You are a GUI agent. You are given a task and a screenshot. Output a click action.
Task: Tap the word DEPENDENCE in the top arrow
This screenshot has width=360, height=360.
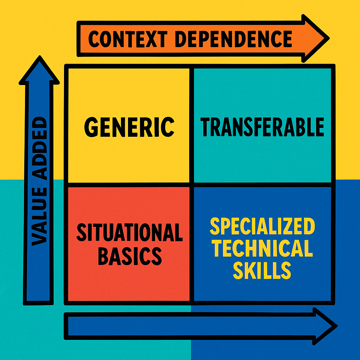pyautogui.click(x=233, y=39)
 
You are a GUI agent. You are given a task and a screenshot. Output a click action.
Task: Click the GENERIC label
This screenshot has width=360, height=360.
pyautogui.click(x=129, y=127)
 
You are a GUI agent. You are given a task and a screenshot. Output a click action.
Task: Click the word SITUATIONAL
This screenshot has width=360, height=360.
pyautogui.click(x=129, y=232)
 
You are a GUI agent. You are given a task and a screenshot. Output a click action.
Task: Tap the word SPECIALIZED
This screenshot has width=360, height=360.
pyautogui.click(x=262, y=227)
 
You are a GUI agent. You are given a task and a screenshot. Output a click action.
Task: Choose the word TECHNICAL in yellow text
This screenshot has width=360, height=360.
pyautogui.click(x=262, y=249)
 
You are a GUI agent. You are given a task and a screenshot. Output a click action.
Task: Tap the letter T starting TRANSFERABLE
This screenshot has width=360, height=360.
pyautogui.click(x=206, y=127)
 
